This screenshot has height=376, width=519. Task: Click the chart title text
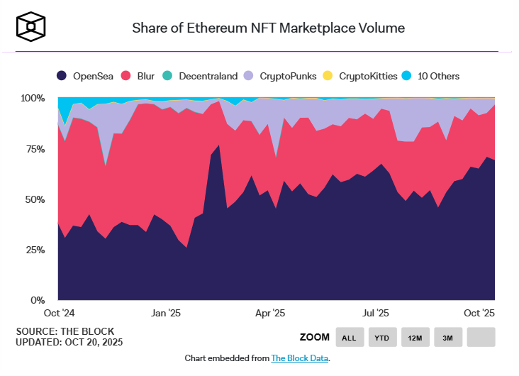(x=269, y=28)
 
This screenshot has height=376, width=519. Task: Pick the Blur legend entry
(x=138, y=76)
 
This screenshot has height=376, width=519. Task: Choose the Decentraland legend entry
(x=201, y=76)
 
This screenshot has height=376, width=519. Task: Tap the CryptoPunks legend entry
(x=279, y=76)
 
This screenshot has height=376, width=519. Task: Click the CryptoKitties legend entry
(x=360, y=76)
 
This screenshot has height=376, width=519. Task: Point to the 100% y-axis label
(x=33, y=98)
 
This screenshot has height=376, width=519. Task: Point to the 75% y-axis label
(x=35, y=149)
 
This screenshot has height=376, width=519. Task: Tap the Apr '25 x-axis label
(x=270, y=313)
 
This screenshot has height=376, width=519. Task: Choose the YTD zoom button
(x=382, y=338)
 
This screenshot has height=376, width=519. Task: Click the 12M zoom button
(x=415, y=338)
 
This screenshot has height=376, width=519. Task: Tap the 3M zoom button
(x=447, y=338)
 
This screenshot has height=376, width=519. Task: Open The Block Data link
(x=299, y=358)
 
